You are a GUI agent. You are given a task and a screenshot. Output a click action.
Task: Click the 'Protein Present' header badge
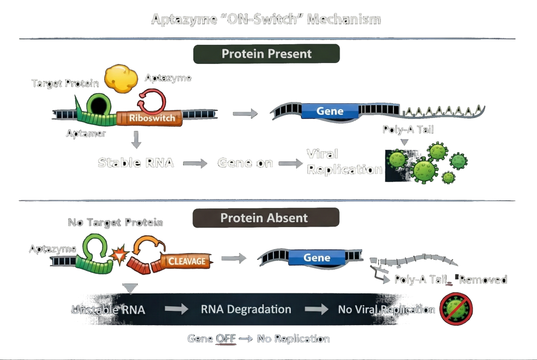pos(266,54)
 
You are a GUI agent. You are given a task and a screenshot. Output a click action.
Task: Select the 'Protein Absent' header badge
pos(265,218)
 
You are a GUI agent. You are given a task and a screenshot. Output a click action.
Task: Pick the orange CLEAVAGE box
pos(187,261)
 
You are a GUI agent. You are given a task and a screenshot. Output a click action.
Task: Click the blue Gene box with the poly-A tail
pos(330,111)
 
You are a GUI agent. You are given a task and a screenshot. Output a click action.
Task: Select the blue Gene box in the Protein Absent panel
pos(317,258)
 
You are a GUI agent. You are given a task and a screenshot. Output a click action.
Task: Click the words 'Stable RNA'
pos(136,162)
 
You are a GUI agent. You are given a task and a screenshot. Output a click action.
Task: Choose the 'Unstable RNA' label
pos(108,309)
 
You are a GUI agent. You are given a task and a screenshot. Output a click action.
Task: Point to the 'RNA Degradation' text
pos(246,309)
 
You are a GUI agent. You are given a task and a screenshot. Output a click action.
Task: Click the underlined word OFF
pos(226,339)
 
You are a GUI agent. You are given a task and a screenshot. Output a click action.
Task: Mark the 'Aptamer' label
pos(86,133)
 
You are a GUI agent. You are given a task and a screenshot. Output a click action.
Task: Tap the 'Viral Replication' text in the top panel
pos(344,162)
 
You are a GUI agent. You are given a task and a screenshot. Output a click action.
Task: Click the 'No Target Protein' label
pos(115,222)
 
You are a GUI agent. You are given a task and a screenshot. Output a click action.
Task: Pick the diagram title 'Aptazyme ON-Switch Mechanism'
pos(266,19)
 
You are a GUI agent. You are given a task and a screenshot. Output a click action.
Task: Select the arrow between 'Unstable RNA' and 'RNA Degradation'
pos(175,309)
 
